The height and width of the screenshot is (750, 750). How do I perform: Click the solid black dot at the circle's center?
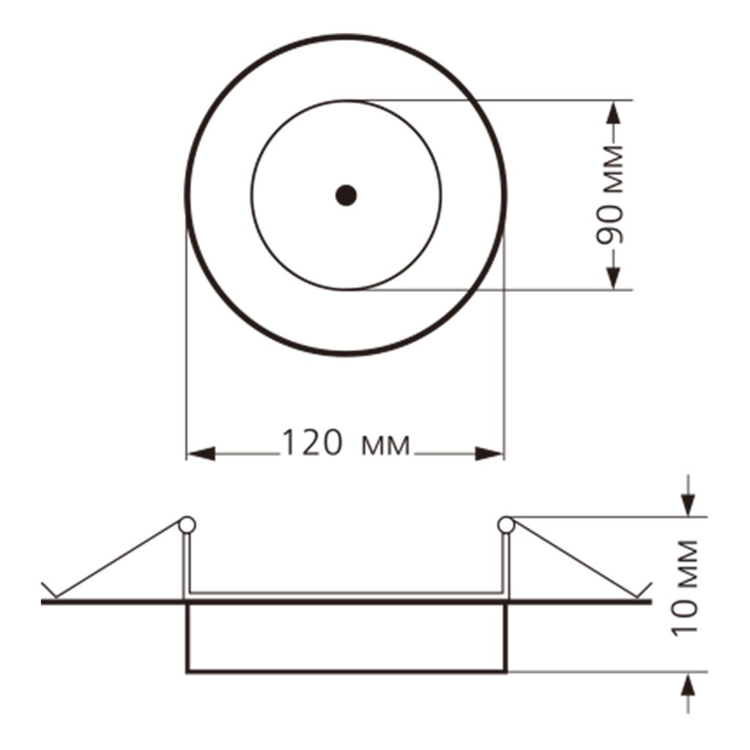[346, 195]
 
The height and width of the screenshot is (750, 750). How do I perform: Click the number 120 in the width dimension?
[312, 442]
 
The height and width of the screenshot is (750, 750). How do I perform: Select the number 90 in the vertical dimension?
[610, 225]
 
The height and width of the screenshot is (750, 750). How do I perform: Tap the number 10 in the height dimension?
[684, 617]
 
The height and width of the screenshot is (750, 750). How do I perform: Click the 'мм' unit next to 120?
[385, 446]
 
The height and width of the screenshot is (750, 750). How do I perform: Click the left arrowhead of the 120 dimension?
[201, 454]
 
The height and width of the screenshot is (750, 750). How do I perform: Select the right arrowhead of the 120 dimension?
[489, 454]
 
